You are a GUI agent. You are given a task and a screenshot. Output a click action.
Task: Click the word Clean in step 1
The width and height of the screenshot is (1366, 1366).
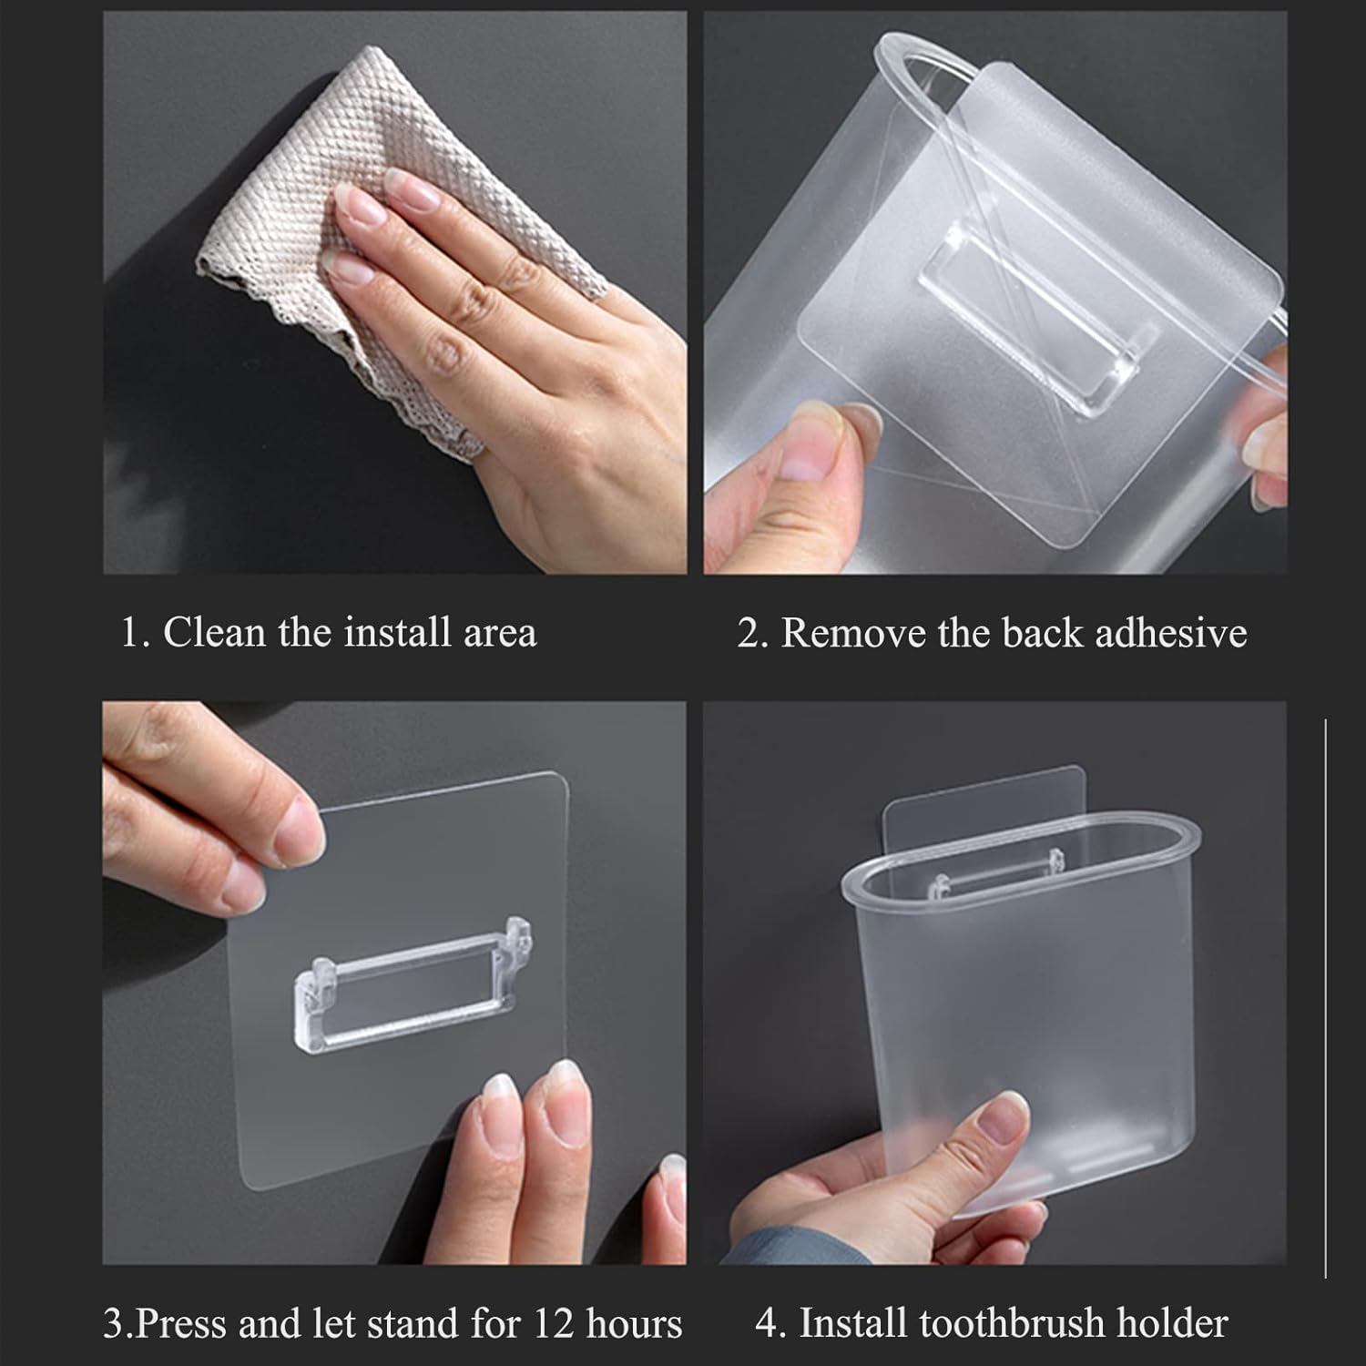click(x=215, y=632)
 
